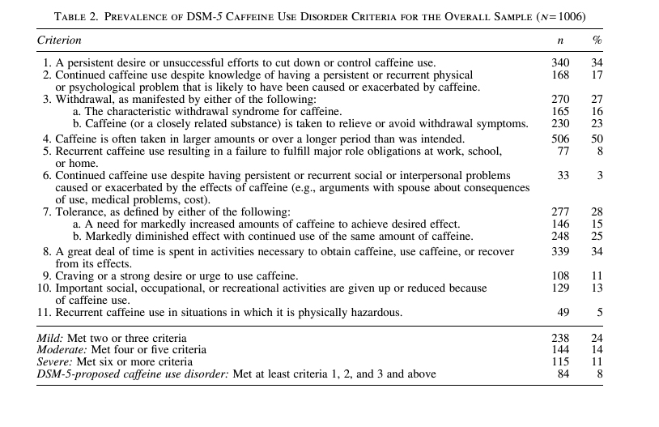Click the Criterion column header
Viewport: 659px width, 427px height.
click(x=59, y=40)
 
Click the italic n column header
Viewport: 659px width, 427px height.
click(x=560, y=40)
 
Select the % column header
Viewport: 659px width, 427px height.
click(x=597, y=40)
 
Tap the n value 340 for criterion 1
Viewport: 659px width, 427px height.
click(x=560, y=63)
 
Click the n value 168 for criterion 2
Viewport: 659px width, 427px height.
click(x=560, y=75)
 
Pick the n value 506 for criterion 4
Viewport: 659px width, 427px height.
click(x=560, y=139)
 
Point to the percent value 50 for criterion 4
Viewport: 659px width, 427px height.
click(x=597, y=139)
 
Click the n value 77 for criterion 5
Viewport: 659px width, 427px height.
click(x=563, y=152)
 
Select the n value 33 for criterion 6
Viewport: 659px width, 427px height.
click(x=563, y=176)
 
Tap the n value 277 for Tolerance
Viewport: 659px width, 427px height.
click(x=560, y=212)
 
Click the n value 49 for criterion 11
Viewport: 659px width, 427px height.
click(x=563, y=312)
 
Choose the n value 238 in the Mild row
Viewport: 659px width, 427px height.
click(x=560, y=338)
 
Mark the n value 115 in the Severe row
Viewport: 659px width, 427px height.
click(x=560, y=362)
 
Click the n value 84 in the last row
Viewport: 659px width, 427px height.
click(x=563, y=374)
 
